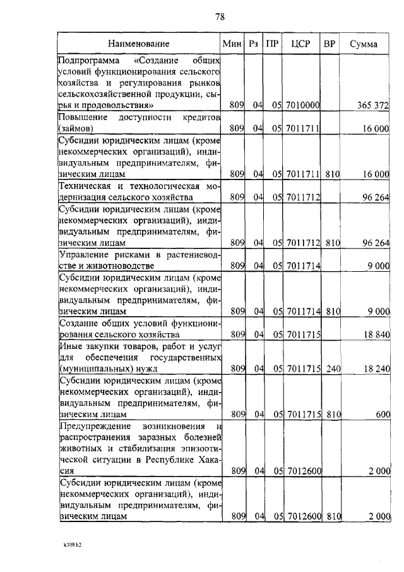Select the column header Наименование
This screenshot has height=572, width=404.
tap(138, 44)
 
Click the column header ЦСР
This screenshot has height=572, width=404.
tap(300, 44)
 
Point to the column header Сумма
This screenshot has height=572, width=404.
tap(364, 44)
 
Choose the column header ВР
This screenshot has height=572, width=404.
tap(330, 44)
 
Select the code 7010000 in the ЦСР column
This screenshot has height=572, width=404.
tap(303, 105)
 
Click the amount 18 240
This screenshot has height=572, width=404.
tap(374, 368)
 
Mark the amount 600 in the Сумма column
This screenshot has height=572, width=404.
tap(383, 414)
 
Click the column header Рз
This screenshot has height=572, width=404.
tap(254, 44)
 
